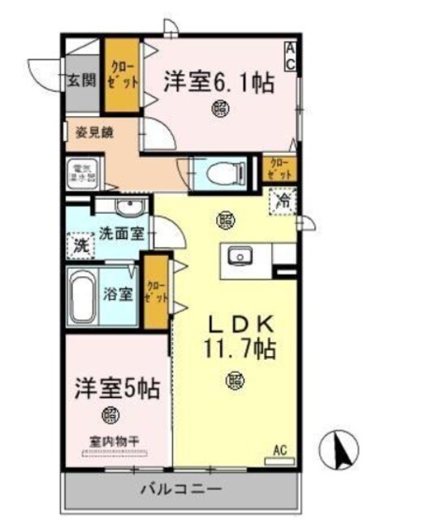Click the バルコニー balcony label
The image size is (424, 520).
pyautogui.click(x=180, y=490)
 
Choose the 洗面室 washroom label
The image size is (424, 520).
pyautogui.click(x=122, y=234)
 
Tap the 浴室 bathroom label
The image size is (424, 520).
pyautogui.click(x=118, y=294)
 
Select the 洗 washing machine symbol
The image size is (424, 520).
pyautogui.click(x=80, y=244)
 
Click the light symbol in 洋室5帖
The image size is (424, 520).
pyautogui.click(x=110, y=415)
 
